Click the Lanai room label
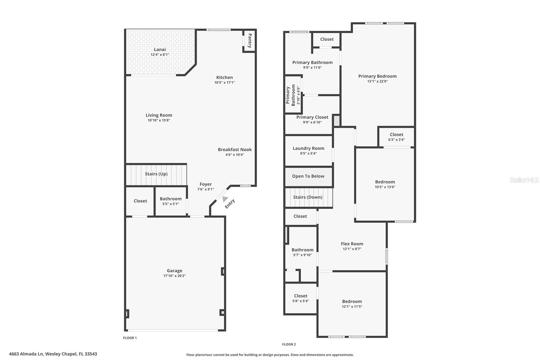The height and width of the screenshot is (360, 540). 160,49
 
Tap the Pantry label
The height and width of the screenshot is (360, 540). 250,41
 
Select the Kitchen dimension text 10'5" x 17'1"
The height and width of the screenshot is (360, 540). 224,82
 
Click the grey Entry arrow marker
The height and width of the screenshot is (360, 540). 224,199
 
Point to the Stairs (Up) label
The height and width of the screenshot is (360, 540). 156,174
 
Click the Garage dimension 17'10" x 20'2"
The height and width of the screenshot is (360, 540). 174,276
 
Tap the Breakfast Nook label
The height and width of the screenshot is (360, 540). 235,150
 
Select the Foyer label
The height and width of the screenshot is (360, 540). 206,184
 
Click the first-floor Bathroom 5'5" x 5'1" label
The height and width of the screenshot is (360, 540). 170,199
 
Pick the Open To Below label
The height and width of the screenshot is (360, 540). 308,176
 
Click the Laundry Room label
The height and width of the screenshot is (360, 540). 308,148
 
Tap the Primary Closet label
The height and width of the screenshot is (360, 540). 312,117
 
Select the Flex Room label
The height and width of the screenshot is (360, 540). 352,244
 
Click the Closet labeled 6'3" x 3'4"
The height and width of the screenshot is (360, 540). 397,134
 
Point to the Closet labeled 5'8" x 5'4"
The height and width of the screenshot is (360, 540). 300,296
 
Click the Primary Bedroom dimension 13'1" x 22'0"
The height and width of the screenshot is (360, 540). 377,81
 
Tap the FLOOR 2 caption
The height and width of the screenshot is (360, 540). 289,344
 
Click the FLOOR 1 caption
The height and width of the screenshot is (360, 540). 130,338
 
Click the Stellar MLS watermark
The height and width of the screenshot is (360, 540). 524,180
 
